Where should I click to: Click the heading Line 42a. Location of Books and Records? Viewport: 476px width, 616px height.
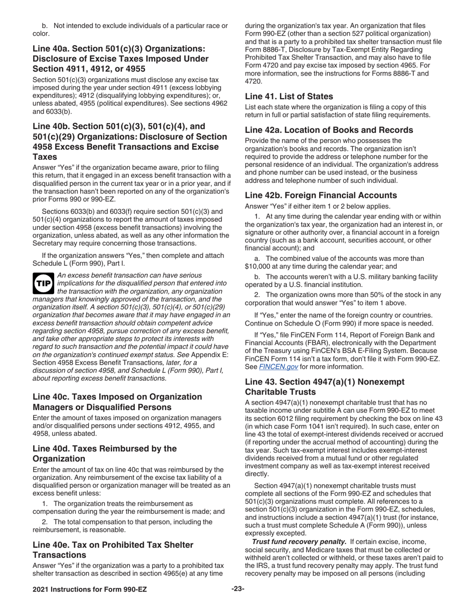329,130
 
